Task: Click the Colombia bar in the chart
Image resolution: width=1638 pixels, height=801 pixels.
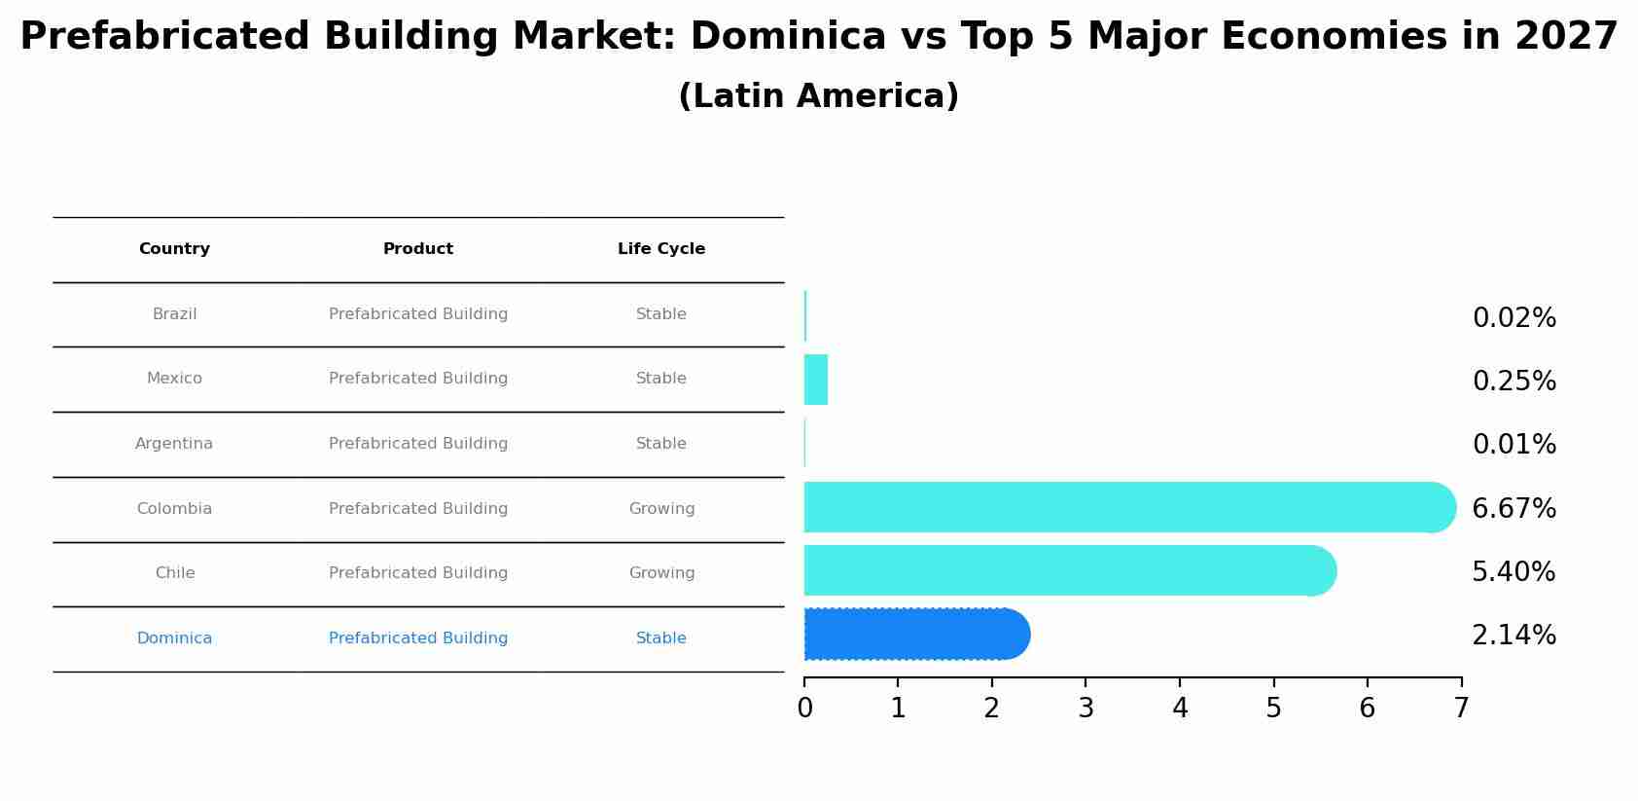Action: pos(1128,507)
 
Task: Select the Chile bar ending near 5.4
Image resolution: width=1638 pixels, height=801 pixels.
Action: pos(1070,570)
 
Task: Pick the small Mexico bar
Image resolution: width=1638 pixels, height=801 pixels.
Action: pos(816,380)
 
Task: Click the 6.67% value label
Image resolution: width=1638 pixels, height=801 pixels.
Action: pos(1513,509)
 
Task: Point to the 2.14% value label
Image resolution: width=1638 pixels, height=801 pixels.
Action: pos(1513,636)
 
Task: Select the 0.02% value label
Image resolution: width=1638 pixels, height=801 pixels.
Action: pos(1513,318)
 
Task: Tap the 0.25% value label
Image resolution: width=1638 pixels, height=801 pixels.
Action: pos(1513,382)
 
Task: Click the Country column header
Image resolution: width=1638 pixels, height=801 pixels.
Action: pos(174,249)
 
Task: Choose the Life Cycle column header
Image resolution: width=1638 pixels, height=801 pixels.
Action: pos(661,249)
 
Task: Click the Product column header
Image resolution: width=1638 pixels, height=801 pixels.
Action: pos(418,249)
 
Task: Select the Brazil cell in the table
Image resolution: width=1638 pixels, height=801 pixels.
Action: pos(175,314)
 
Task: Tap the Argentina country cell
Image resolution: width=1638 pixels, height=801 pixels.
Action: pos(174,444)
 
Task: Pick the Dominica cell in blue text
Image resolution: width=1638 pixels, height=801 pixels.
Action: pos(174,638)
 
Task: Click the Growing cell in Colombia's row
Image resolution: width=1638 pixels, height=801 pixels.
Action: pos(661,509)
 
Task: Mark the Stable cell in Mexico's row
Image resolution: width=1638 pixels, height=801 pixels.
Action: pos(661,379)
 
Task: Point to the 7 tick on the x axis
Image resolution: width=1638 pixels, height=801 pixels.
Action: pos(1461,709)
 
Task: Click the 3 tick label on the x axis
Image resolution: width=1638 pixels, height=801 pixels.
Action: pos(1086,709)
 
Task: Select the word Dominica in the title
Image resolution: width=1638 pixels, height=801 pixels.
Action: pos(788,37)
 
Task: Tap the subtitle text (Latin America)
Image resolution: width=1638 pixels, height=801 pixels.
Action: pos(818,96)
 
